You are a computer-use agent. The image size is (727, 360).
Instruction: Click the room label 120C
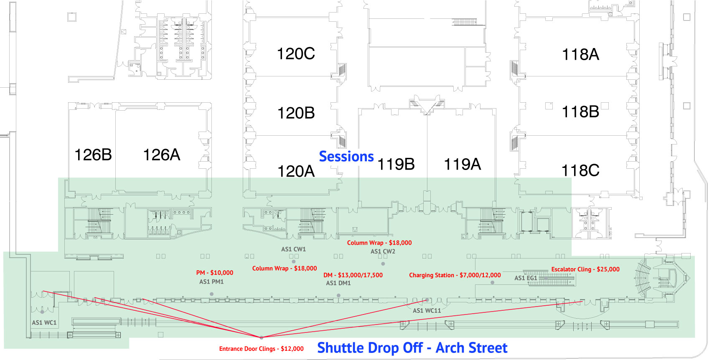coord(296,54)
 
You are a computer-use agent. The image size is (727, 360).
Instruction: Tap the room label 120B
coord(296,113)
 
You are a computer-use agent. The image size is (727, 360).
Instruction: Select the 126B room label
coord(93,155)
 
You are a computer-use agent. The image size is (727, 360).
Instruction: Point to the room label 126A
coord(161,155)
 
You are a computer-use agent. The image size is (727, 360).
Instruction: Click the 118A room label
coord(580,55)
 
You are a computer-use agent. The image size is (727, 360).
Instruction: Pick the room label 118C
coord(580,171)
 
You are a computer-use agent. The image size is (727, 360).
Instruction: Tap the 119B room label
coord(396,165)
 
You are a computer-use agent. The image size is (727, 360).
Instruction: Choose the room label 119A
coord(462,165)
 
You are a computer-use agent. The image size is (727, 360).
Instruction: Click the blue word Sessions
coord(346,157)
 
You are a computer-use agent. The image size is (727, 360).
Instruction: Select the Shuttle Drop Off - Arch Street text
coord(412,348)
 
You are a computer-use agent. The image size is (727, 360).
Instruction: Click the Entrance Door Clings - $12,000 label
coord(262,349)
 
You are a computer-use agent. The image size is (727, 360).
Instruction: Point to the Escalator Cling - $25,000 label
coord(585,269)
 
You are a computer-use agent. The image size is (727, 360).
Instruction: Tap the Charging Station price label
coord(455,275)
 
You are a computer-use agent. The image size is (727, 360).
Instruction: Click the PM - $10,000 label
coord(215,273)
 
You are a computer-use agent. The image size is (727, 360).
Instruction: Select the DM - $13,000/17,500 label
coord(353,275)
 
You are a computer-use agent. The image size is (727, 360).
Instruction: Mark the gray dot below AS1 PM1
coord(211,294)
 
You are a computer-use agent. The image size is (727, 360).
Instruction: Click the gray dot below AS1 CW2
coord(383,264)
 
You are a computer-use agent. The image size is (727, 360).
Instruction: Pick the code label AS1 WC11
coord(427,311)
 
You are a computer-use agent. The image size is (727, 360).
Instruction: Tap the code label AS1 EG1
coord(526,278)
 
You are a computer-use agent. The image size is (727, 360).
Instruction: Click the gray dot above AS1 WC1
coord(42,312)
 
